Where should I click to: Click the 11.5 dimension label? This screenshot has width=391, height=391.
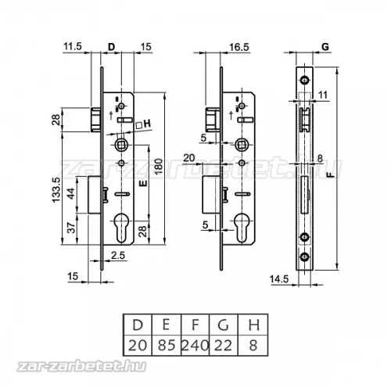[73, 47]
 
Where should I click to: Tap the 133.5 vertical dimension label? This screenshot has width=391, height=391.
[56, 189]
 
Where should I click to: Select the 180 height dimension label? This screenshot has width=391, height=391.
[159, 166]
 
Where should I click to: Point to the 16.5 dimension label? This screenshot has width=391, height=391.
[239, 47]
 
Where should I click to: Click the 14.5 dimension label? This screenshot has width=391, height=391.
[279, 279]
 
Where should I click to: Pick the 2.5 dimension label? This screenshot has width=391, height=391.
[118, 255]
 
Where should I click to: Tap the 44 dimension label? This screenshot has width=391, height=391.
[71, 193]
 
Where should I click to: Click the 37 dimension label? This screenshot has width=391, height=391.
[71, 228]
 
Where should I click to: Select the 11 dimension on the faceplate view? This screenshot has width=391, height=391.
[323, 95]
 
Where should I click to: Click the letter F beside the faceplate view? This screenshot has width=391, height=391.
[331, 174]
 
